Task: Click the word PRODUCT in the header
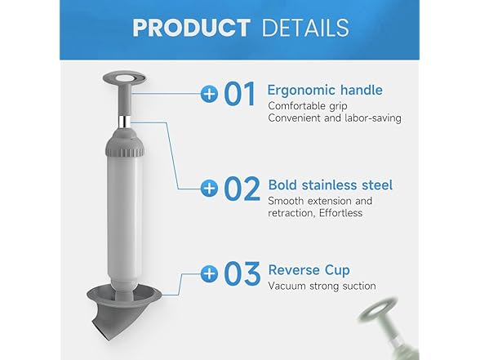pyautogui.click(x=190, y=27)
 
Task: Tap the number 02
pyautogui.click(x=242, y=189)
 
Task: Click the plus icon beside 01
pyautogui.click(x=210, y=94)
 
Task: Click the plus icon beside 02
pyautogui.click(x=210, y=189)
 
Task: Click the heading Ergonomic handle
pyautogui.click(x=325, y=88)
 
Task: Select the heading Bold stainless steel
pyautogui.click(x=330, y=185)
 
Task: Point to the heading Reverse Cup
pyautogui.click(x=309, y=269)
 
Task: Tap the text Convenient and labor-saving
pyautogui.click(x=335, y=118)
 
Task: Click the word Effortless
pyautogui.click(x=343, y=213)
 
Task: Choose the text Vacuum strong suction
pyautogui.click(x=322, y=286)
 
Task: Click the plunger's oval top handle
pyautogui.click(x=120, y=81)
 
